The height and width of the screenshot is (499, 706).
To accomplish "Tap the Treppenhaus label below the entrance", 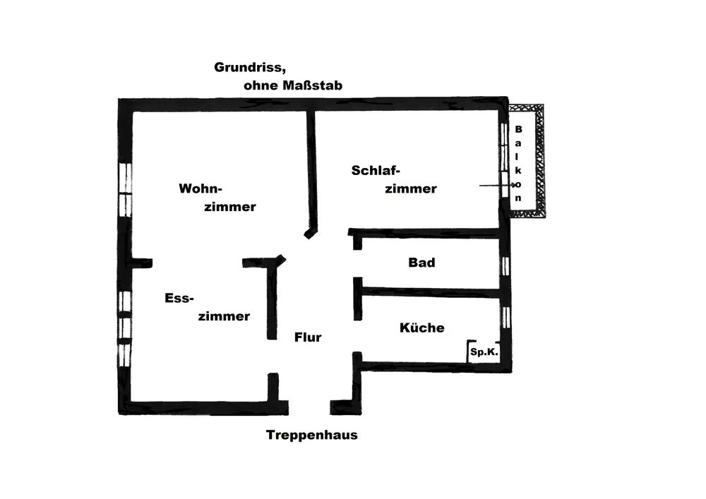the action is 312,435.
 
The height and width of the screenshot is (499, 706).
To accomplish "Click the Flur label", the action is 308,337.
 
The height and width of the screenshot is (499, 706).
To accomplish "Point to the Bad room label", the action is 421,263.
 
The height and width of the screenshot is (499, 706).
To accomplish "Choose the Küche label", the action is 422,327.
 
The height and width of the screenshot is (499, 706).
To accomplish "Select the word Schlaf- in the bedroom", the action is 376,170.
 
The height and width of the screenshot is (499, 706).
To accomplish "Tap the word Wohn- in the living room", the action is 201,189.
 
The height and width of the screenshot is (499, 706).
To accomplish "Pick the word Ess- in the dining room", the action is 179,298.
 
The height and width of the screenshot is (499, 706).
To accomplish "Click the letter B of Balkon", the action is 518,129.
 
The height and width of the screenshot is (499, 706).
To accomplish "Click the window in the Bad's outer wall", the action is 505,265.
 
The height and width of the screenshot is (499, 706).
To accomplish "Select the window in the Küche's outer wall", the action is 505,318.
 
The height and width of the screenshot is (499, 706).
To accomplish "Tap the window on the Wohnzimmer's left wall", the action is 126,189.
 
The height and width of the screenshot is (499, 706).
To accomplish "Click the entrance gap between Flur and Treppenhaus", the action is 309,407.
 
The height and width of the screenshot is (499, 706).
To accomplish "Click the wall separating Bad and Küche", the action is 431,291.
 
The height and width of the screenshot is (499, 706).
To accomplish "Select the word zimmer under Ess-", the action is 224,316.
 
